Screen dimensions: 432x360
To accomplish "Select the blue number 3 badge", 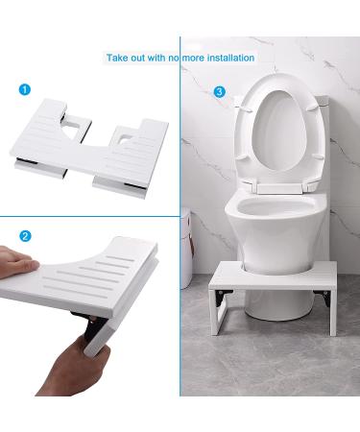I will (x=220, y=91).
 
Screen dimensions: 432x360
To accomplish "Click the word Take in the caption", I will (x=119, y=58).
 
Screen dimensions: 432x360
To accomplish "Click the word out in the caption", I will (x=143, y=58).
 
